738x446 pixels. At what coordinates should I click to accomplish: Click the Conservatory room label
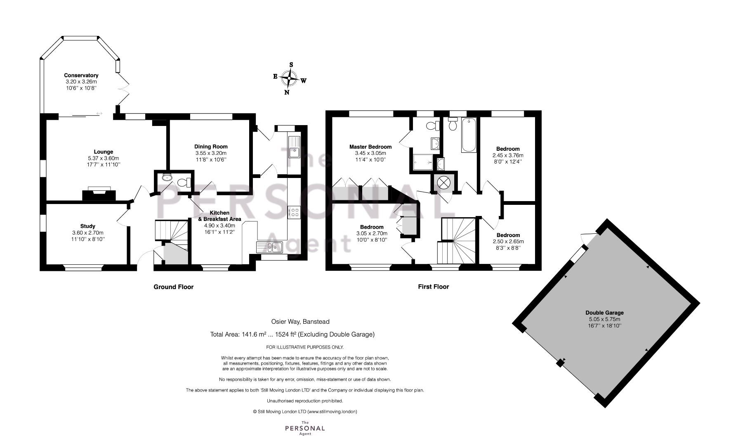(81, 75)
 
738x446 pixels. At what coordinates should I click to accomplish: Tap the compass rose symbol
(290, 78)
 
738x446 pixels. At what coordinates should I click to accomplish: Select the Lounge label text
(103, 152)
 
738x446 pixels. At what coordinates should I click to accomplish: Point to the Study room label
(87, 226)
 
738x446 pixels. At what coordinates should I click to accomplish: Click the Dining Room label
(211, 147)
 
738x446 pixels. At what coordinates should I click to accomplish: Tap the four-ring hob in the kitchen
(295, 213)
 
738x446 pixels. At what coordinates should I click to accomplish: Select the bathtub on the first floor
(469, 135)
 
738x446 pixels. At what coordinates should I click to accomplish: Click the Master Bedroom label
(370, 147)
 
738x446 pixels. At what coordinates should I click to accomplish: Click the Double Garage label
(604, 313)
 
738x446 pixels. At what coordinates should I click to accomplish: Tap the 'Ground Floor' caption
(173, 287)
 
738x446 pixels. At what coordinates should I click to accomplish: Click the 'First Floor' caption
(433, 287)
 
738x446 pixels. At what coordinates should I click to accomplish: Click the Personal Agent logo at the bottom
(305, 428)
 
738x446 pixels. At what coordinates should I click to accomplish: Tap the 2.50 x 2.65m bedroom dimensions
(508, 242)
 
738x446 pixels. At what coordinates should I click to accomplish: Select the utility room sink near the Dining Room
(295, 147)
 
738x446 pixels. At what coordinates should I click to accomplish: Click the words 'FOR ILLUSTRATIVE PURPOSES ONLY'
(305, 347)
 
